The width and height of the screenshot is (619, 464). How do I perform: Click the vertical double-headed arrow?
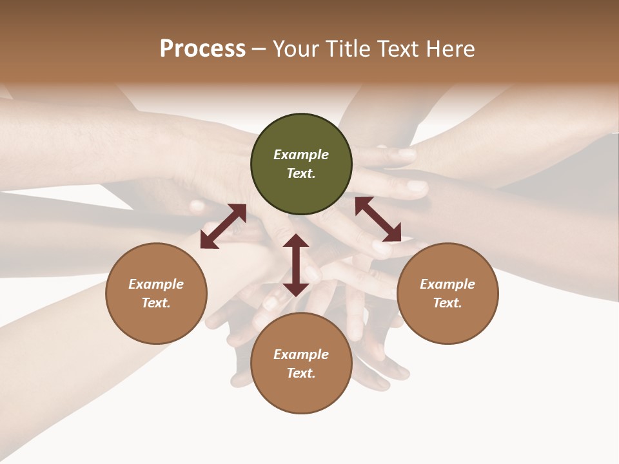(x=296, y=265)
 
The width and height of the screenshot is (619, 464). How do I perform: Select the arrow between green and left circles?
(x=223, y=226)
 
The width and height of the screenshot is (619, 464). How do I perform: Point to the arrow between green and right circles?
(x=378, y=219)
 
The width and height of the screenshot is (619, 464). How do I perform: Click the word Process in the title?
(x=202, y=49)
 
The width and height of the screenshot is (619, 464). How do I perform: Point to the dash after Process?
(x=259, y=49)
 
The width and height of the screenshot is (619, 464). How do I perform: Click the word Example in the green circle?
(x=301, y=155)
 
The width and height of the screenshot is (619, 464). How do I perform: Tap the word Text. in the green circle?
(x=301, y=173)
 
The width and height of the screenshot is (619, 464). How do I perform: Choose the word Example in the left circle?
(x=156, y=284)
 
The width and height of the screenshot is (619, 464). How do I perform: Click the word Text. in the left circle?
(x=156, y=303)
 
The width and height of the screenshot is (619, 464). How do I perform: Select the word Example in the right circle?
(x=447, y=284)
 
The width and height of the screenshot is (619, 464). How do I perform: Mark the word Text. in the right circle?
(x=447, y=303)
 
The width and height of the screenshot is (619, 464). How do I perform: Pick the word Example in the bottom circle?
(x=301, y=354)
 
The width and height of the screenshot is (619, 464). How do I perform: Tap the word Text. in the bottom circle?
(x=301, y=373)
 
